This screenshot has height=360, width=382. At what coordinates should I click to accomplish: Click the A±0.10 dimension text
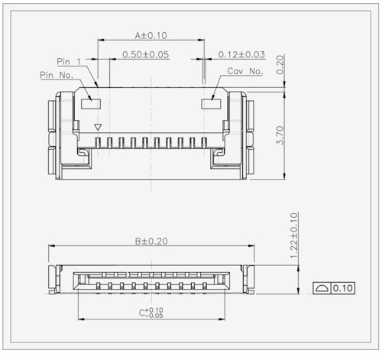(151, 35)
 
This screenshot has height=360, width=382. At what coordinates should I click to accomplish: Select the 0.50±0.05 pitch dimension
(145, 55)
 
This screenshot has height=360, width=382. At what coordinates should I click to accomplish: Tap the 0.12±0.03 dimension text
(241, 55)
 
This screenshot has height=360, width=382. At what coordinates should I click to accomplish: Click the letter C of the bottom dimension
(142, 313)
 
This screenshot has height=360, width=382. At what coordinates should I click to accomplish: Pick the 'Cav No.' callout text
(245, 71)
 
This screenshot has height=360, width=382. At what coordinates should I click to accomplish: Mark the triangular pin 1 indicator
(97, 127)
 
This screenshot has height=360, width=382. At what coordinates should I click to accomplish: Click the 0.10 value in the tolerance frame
(342, 289)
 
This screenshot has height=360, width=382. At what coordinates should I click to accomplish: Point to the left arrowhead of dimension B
(52, 246)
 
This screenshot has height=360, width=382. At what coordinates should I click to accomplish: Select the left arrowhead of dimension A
(99, 40)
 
